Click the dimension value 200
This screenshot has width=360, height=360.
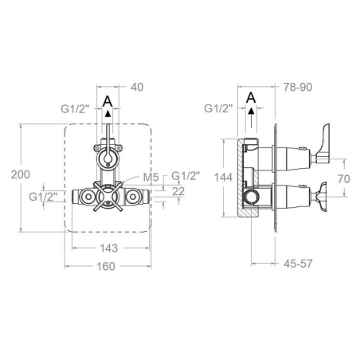[x=21, y=174]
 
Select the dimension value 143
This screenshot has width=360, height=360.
[x=109, y=248]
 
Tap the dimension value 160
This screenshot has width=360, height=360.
[x=106, y=266]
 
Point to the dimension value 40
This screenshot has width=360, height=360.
[x=137, y=87]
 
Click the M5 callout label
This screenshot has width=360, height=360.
[x=151, y=178]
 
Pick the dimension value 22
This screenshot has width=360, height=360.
[x=178, y=191]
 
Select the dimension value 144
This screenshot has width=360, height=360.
[x=223, y=178]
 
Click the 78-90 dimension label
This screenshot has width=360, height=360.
[x=298, y=87]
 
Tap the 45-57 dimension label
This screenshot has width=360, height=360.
[x=298, y=264]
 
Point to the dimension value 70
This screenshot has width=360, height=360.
[x=344, y=179]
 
